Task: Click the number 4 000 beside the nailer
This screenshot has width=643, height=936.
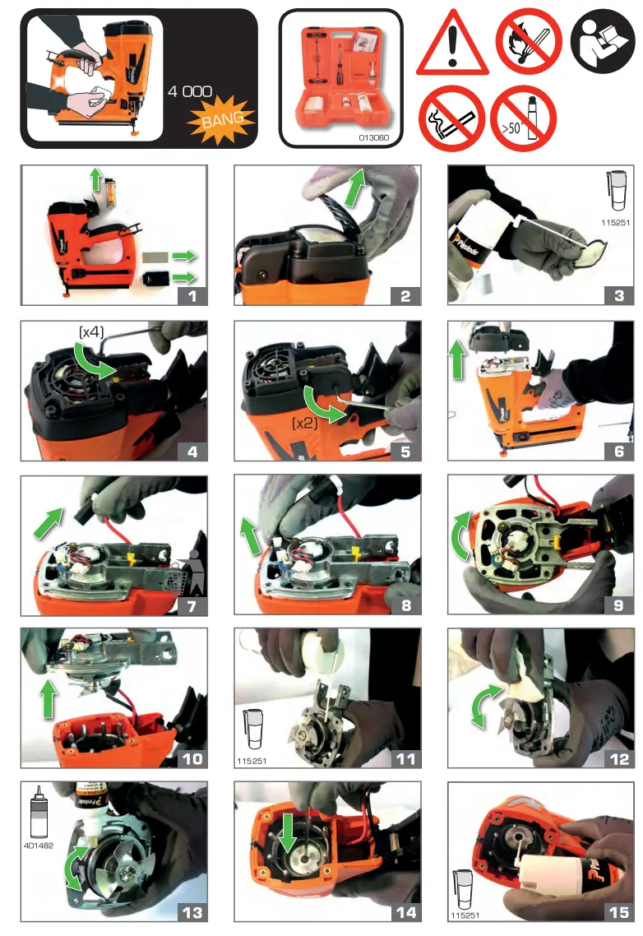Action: point(190,90)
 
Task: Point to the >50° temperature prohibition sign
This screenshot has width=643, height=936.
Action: point(523,118)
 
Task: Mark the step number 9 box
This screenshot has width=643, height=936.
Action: point(618,605)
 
